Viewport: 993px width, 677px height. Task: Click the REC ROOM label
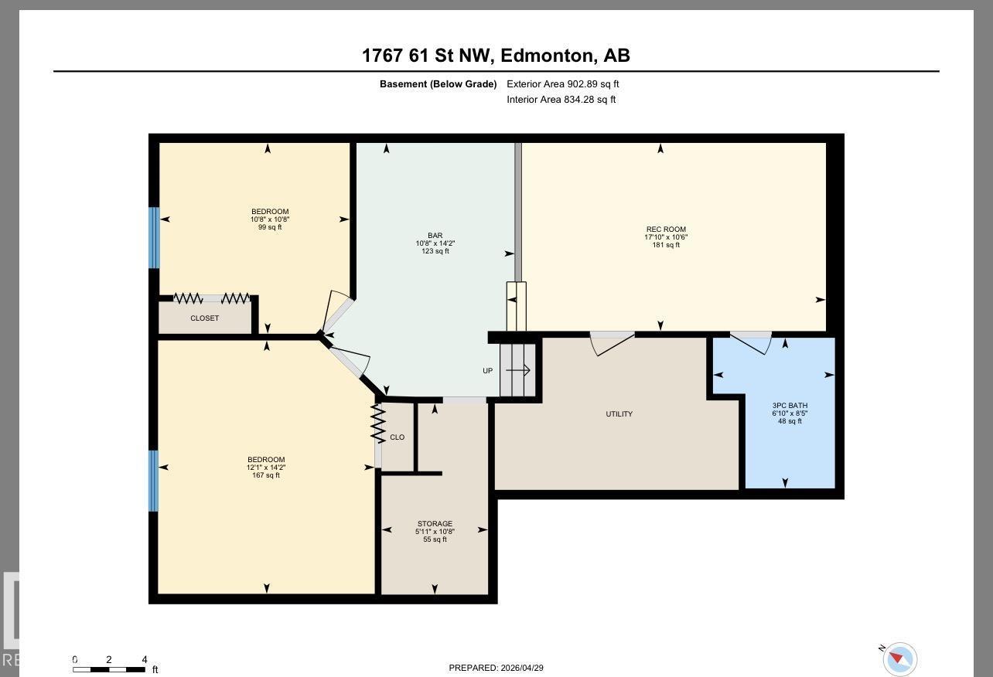(666, 230)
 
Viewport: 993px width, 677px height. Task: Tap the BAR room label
(435, 236)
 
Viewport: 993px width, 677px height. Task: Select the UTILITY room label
(619, 414)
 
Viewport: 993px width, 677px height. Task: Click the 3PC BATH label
(790, 406)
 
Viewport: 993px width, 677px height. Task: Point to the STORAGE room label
(435, 524)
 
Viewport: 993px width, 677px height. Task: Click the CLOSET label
(204, 318)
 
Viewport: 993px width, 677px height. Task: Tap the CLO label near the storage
(397, 437)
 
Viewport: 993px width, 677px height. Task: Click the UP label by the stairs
(487, 371)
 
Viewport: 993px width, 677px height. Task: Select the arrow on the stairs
(517, 371)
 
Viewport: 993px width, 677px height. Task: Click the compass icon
(899, 659)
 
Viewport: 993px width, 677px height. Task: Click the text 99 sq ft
(270, 227)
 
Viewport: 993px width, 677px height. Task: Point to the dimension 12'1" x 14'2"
(267, 468)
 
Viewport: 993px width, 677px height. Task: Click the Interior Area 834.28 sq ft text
(561, 100)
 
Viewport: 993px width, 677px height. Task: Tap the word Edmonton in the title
(548, 56)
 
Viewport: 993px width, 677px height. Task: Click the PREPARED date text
(496, 668)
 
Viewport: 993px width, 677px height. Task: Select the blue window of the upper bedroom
(154, 237)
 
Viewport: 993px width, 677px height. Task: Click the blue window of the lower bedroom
(153, 481)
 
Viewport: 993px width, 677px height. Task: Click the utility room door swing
(612, 343)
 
